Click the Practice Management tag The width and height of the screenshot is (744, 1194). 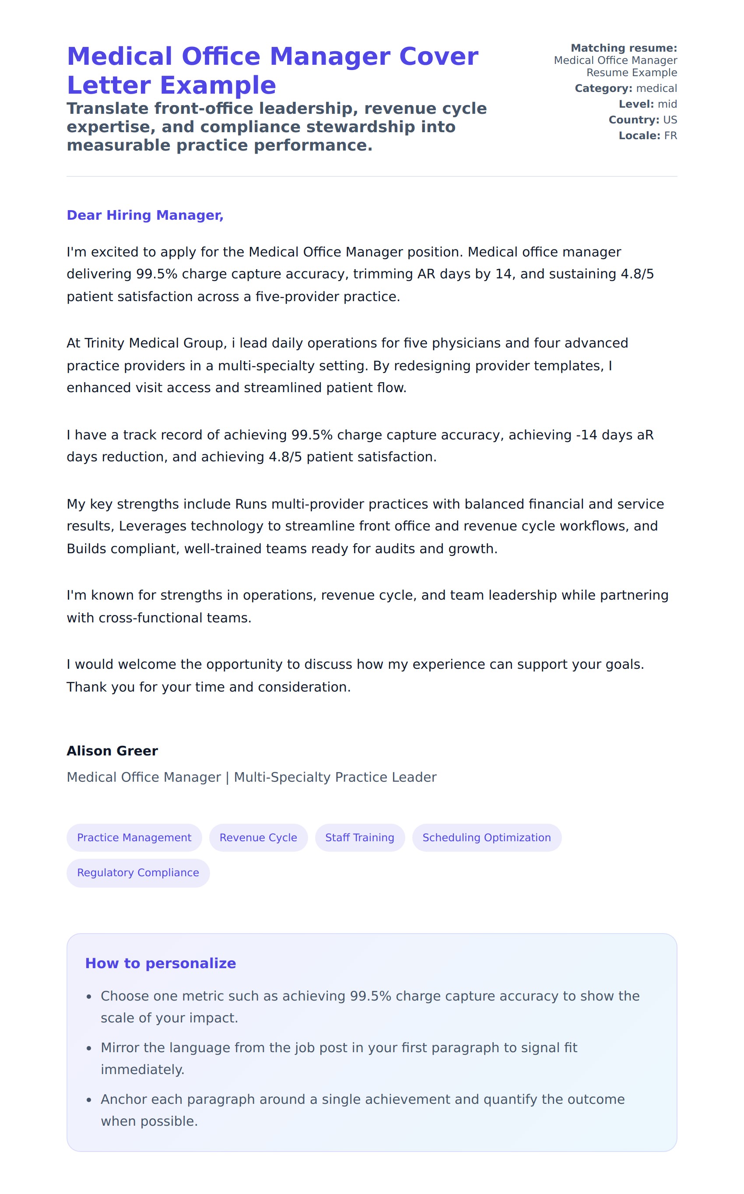[x=134, y=837]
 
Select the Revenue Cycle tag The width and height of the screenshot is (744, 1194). [x=258, y=837]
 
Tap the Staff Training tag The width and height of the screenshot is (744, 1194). [x=360, y=837]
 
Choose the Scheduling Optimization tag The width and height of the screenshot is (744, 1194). [x=486, y=837]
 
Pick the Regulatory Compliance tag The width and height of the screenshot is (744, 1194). [x=138, y=872]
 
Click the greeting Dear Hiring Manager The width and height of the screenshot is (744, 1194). [x=145, y=215]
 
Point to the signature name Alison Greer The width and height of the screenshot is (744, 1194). [x=112, y=751]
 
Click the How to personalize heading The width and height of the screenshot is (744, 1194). [x=161, y=963]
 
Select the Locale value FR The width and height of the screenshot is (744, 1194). [x=670, y=136]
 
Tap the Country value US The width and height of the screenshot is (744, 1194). [x=670, y=120]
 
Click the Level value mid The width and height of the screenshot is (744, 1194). [x=667, y=104]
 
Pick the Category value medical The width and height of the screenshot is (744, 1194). [x=656, y=88]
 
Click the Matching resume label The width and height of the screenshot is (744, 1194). [x=624, y=48]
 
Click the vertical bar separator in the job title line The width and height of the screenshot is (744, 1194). [x=227, y=777]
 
